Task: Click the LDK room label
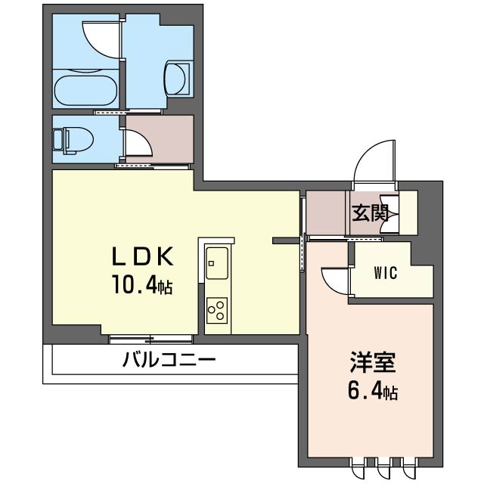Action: point(142,257)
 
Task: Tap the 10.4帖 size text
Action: point(142,284)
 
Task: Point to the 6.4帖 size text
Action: point(373,390)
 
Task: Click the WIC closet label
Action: point(386,273)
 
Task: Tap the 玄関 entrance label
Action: point(370,213)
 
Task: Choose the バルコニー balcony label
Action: point(169,360)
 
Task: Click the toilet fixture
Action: point(73,141)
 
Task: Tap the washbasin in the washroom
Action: point(177,78)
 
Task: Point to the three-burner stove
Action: point(217,310)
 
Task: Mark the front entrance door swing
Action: point(374,161)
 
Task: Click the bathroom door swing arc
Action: point(101,39)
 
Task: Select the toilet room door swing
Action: point(138,142)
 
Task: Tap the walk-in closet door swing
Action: point(335,281)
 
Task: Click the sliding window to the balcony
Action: point(151,339)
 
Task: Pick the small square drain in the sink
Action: point(212,263)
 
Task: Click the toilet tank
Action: point(58,141)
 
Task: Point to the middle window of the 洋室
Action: point(383,467)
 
